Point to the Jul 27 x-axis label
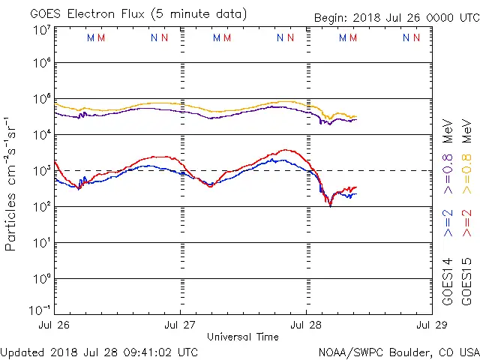click(181, 325)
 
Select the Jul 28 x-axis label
click(307, 325)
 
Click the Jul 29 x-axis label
click(430, 325)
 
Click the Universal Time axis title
click(243, 337)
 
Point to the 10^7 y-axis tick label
click(41, 30)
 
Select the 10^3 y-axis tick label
click(41, 170)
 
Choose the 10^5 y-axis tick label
click(41, 100)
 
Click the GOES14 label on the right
click(448, 280)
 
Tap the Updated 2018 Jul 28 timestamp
click(100, 352)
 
